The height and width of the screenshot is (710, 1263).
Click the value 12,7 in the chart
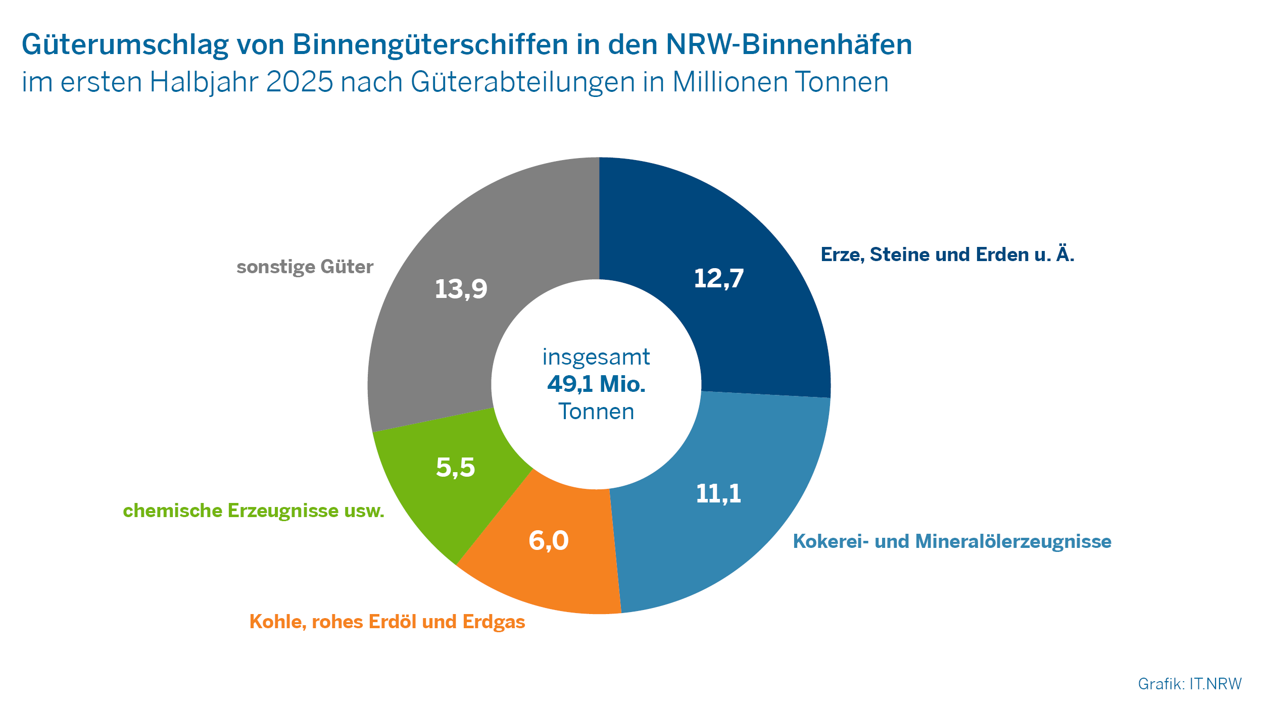pyautogui.click(x=718, y=278)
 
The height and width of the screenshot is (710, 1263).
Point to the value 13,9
pyautogui.click(x=461, y=289)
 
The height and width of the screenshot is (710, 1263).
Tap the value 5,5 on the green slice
pyautogui.click(x=455, y=467)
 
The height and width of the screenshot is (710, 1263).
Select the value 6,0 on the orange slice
pyautogui.click(x=549, y=540)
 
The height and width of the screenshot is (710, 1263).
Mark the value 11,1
pyautogui.click(x=718, y=493)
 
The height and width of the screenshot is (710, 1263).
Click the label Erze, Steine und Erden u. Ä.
pyautogui.click(x=947, y=255)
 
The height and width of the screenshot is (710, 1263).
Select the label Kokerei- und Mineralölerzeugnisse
pyautogui.click(x=952, y=541)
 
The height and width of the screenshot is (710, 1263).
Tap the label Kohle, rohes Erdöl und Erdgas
pyautogui.click(x=387, y=622)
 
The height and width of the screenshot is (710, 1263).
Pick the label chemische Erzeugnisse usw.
pyautogui.click(x=254, y=511)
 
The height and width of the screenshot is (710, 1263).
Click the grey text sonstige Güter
pyautogui.click(x=305, y=267)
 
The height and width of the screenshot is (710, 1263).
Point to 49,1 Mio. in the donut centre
pyautogui.click(x=596, y=384)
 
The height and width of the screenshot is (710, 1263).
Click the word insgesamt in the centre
pyautogui.click(x=596, y=358)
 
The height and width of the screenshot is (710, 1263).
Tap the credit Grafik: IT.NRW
pyautogui.click(x=1189, y=684)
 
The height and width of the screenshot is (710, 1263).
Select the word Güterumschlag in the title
pyautogui.click(x=125, y=44)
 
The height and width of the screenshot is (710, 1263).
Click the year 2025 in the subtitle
pyautogui.click(x=299, y=82)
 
